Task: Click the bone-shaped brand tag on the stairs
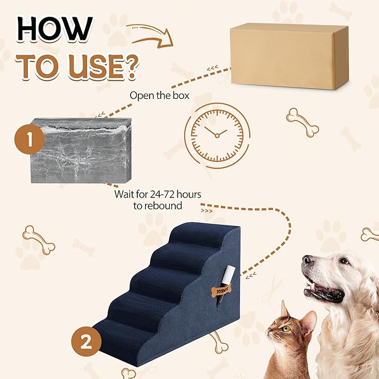221,291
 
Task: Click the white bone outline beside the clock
302,122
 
